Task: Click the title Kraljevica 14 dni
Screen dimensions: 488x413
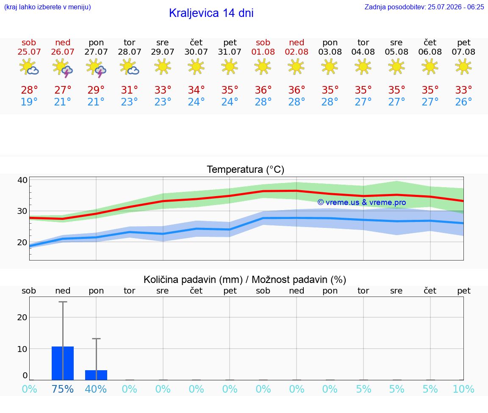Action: coord(211,13)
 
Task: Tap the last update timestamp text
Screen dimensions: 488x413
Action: coord(424,7)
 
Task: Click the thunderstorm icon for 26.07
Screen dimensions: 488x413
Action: coord(63,68)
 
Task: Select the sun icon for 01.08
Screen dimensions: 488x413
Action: coord(263,67)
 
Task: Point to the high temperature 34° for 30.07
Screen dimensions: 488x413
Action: coord(196,90)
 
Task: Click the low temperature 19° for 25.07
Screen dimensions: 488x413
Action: coord(29,102)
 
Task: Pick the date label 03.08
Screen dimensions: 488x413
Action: coord(330,52)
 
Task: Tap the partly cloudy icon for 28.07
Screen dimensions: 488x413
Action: coord(129,67)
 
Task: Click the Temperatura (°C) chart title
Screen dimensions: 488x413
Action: coord(246,169)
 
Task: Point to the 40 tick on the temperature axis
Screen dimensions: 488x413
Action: coord(22,180)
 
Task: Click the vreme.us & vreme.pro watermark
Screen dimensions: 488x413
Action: coord(362,202)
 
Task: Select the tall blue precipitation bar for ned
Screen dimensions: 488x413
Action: coord(63,363)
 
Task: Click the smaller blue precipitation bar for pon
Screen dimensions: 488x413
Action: coord(96,375)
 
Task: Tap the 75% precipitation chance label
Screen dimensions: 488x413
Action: coord(63,389)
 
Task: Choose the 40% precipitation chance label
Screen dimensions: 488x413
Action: coord(96,389)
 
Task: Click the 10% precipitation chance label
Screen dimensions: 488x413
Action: coord(463,389)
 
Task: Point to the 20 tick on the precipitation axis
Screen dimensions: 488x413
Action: coord(22,317)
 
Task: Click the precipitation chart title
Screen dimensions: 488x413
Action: coord(244,280)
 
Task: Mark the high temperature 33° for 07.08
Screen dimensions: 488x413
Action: coord(463,90)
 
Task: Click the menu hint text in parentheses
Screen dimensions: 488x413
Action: coord(47,7)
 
